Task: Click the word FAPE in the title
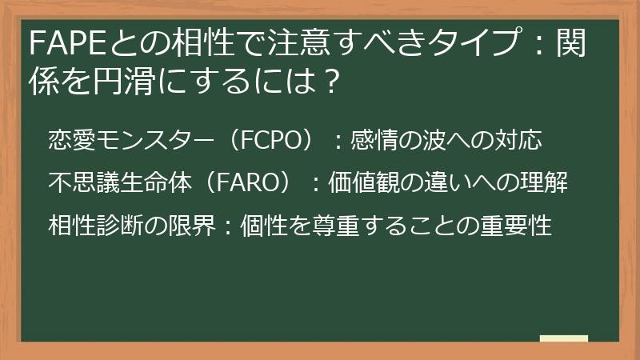[69, 43]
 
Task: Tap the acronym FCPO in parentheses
[270, 140]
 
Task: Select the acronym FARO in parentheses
[247, 182]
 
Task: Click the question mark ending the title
[328, 82]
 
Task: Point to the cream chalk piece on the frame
[564, 338]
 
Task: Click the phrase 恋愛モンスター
[131, 140]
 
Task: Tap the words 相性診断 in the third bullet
[96, 225]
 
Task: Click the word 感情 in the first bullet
[374, 140]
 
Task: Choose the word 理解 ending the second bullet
[544, 182]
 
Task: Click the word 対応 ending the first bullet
[518, 140]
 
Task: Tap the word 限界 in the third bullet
[192, 225]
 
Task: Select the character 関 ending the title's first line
[571, 43]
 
